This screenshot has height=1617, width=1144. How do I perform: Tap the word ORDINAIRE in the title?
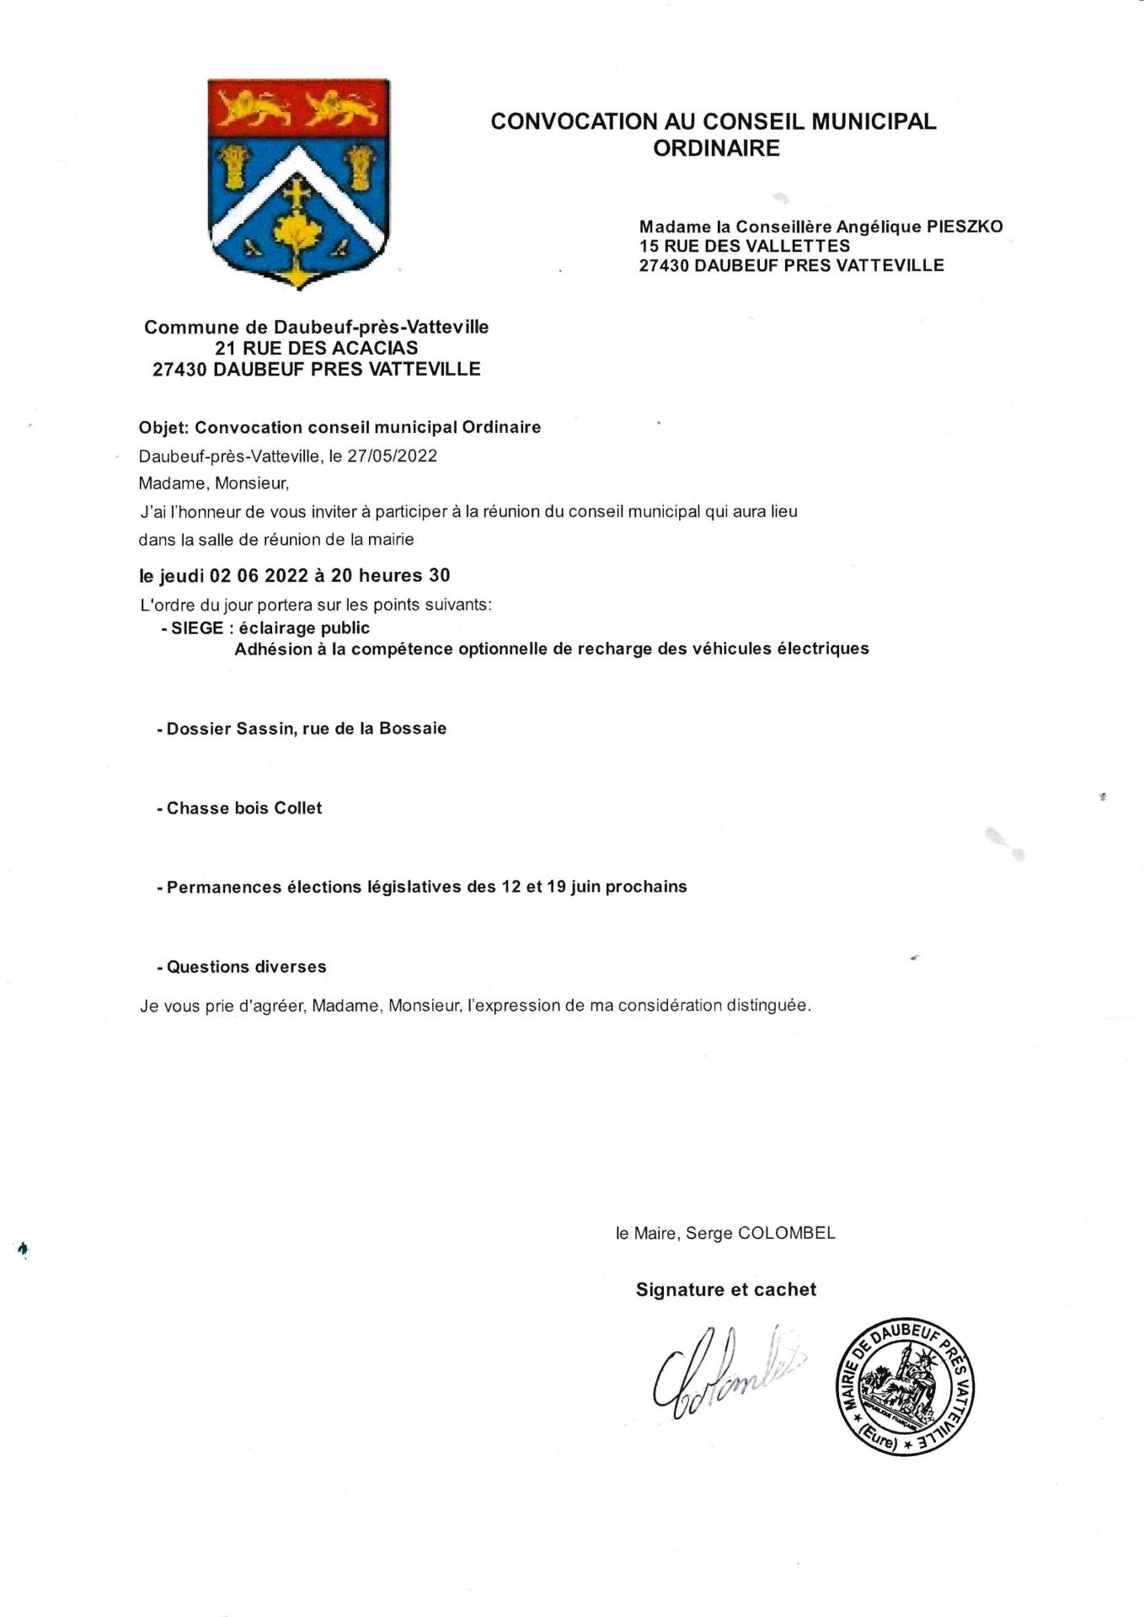[716, 149]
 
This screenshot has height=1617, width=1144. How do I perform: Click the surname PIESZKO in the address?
[965, 227]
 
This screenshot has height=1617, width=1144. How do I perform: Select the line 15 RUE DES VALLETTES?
[745, 246]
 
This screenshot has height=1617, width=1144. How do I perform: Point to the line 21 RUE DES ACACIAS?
[316, 348]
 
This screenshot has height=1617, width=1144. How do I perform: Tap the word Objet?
[163, 428]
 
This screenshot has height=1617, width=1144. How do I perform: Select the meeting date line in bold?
[295, 576]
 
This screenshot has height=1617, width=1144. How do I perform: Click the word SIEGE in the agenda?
[197, 628]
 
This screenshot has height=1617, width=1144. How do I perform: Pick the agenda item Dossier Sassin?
[302, 729]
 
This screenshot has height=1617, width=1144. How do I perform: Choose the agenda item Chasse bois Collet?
[240, 808]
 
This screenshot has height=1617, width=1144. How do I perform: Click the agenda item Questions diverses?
[243, 967]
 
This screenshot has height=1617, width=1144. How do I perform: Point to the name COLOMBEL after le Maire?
[787, 1233]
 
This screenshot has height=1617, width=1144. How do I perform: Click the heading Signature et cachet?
[726, 1290]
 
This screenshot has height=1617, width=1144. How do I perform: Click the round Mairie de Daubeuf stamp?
[904, 1387]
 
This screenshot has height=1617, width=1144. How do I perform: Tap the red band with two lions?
[297, 108]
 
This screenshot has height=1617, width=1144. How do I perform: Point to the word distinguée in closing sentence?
[767, 1006]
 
